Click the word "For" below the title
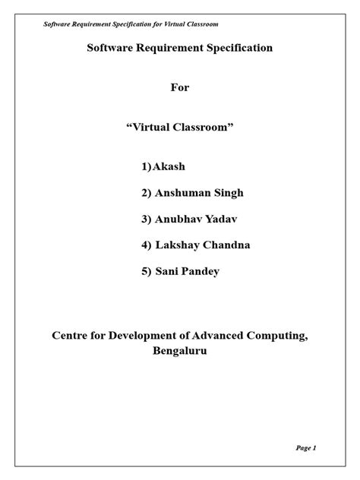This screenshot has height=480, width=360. pyautogui.click(x=179, y=87)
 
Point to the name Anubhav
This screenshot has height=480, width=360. pyautogui.click(x=178, y=219)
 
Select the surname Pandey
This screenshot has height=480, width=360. pyautogui.click(x=201, y=271)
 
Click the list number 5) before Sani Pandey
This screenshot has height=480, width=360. pyautogui.click(x=146, y=271)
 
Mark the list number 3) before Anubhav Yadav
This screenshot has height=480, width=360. pyautogui.click(x=146, y=219)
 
